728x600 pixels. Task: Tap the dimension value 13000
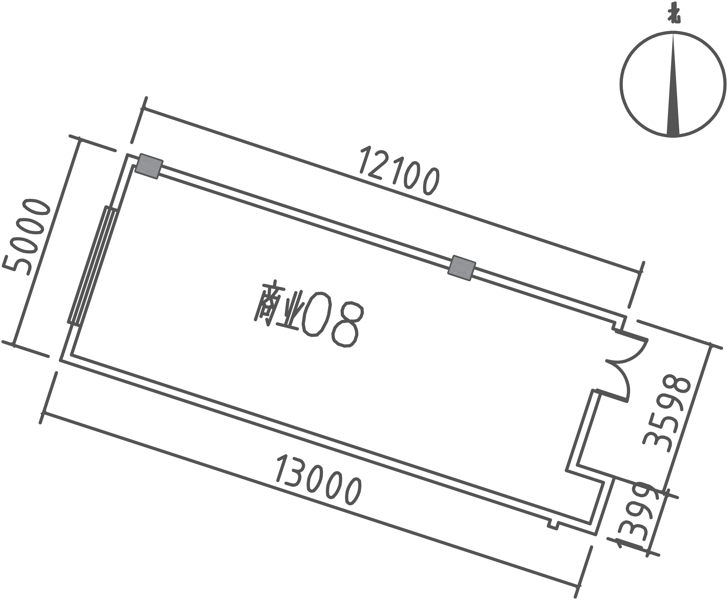319,481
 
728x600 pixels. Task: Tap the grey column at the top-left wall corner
149,166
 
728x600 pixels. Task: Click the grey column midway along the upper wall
462,268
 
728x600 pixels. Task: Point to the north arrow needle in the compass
673,86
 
